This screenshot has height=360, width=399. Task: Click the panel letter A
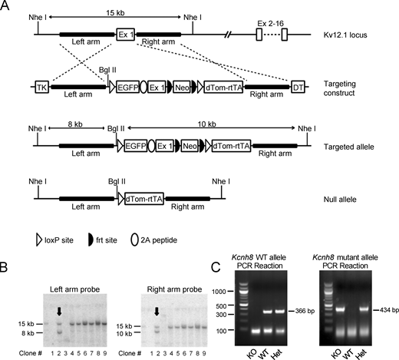point(6,6)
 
